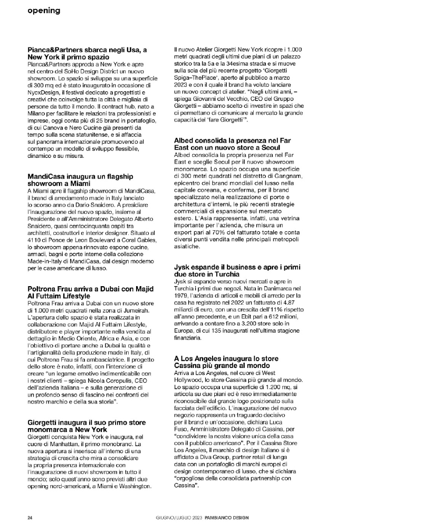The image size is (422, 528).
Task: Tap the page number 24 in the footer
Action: click(x=31, y=517)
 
